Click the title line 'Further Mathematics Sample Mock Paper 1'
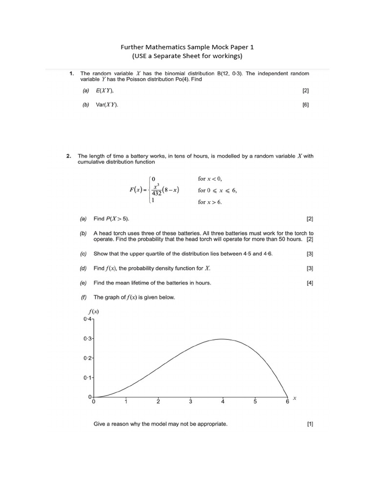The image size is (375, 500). [187, 47]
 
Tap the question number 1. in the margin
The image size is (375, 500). [71, 74]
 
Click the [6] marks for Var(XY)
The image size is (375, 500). [306, 104]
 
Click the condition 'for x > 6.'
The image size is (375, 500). [210, 202]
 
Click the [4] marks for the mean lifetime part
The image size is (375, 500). [310, 283]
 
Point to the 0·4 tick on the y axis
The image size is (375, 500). [87, 319]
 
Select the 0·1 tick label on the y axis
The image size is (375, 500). [87, 378]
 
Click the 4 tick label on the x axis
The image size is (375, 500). [223, 402]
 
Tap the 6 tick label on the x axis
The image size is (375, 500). [287, 402]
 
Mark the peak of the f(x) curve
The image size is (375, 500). [222, 339]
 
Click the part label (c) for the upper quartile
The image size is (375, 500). [83, 254]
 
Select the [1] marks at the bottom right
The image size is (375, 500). [310, 424]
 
